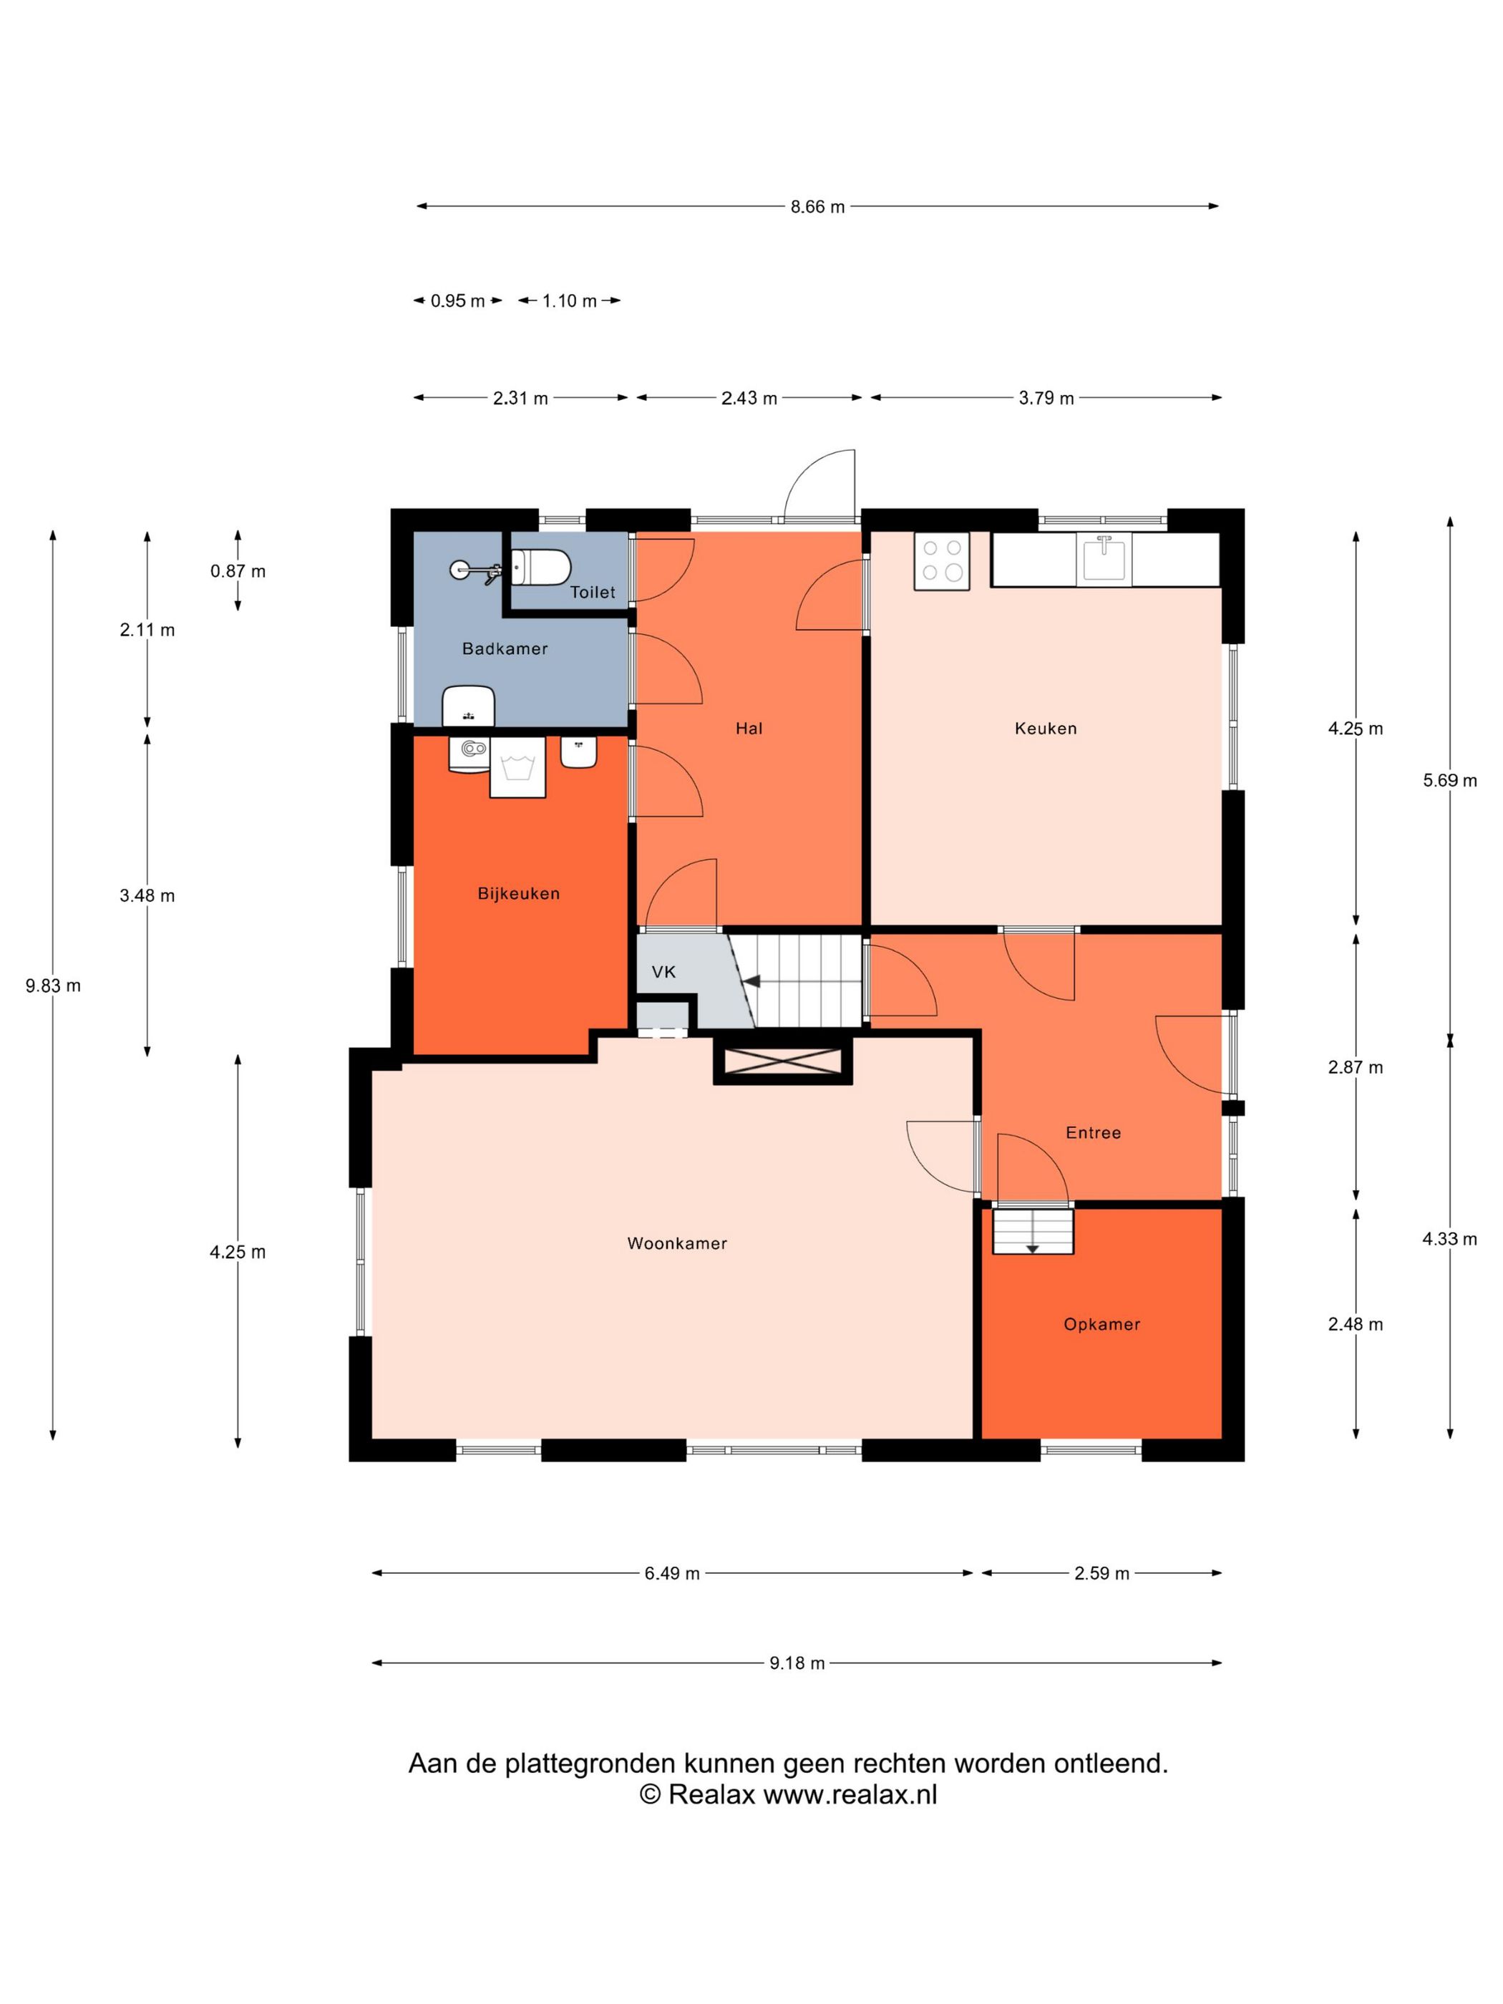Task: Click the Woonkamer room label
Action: click(677, 1243)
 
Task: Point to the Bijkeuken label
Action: click(518, 893)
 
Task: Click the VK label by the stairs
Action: click(663, 972)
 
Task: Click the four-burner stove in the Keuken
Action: click(941, 561)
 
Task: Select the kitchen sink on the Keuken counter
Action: click(1104, 558)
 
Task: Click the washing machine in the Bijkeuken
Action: click(517, 767)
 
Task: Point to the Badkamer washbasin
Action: click(468, 706)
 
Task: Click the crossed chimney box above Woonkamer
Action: click(783, 1061)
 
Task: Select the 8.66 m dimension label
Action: click(817, 207)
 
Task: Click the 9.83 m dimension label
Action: click(54, 986)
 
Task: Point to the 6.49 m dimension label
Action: click(672, 1574)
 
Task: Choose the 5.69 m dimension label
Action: click(1449, 780)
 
